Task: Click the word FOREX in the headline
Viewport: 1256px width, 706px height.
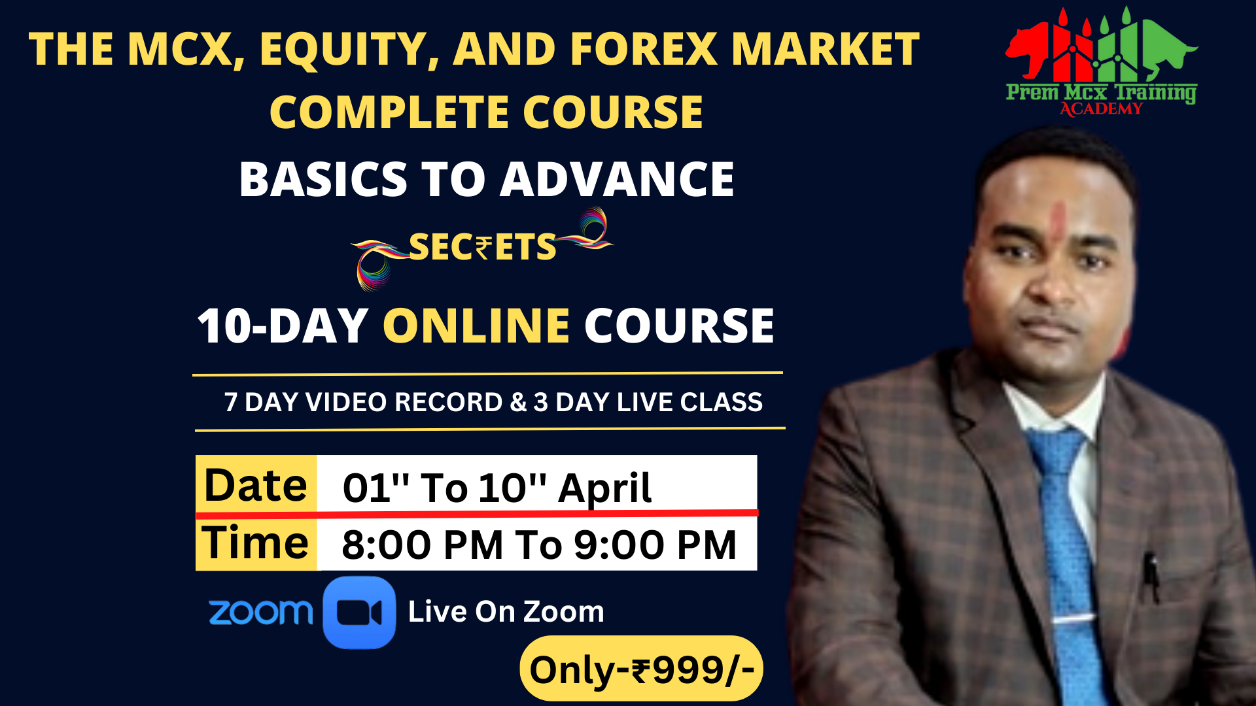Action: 644,49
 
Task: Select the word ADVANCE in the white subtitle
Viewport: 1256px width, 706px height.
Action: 617,179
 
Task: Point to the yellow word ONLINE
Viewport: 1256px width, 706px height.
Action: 476,326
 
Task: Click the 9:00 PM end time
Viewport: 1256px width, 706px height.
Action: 655,545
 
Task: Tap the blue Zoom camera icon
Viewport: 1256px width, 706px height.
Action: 359,613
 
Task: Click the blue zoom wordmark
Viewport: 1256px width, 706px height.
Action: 260,613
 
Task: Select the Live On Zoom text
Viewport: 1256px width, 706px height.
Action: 506,612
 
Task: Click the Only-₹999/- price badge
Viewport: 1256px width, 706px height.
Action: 641,669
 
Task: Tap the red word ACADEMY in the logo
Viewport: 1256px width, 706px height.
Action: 1101,109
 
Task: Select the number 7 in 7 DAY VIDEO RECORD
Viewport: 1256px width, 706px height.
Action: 231,403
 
